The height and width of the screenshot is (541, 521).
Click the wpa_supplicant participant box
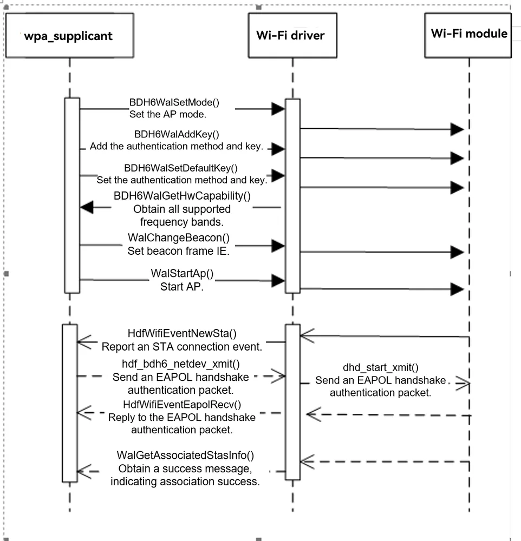click(70, 36)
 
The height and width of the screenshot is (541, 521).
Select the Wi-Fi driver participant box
click(292, 36)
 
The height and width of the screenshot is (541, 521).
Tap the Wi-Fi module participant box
click(468, 36)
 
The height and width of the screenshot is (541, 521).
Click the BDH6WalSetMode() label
click(174, 102)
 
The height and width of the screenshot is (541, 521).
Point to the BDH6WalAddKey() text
click(177, 134)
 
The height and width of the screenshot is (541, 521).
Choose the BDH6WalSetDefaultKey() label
click(181, 168)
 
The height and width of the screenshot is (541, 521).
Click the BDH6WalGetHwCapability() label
click(182, 196)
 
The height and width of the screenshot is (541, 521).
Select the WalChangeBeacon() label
click(179, 237)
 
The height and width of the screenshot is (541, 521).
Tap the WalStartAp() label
click(182, 273)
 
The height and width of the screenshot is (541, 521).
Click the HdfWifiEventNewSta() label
click(182, 333)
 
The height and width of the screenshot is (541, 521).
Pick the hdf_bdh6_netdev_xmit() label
click(181, 364)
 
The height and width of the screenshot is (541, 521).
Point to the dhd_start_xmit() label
click(380, 367)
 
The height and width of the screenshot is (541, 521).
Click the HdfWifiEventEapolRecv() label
click(182, 404)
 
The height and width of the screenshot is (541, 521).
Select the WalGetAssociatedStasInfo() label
click(185, 456)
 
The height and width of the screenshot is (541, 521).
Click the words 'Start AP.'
click(182, 287)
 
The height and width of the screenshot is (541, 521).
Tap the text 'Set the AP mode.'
click(167, 114)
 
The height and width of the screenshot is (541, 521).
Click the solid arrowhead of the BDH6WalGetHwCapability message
click(87, 207)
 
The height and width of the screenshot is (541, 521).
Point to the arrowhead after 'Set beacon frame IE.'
click(278, 246)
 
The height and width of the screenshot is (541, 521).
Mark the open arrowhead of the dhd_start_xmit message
click(463, 383)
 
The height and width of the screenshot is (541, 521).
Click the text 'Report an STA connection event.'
click(182, 347)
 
